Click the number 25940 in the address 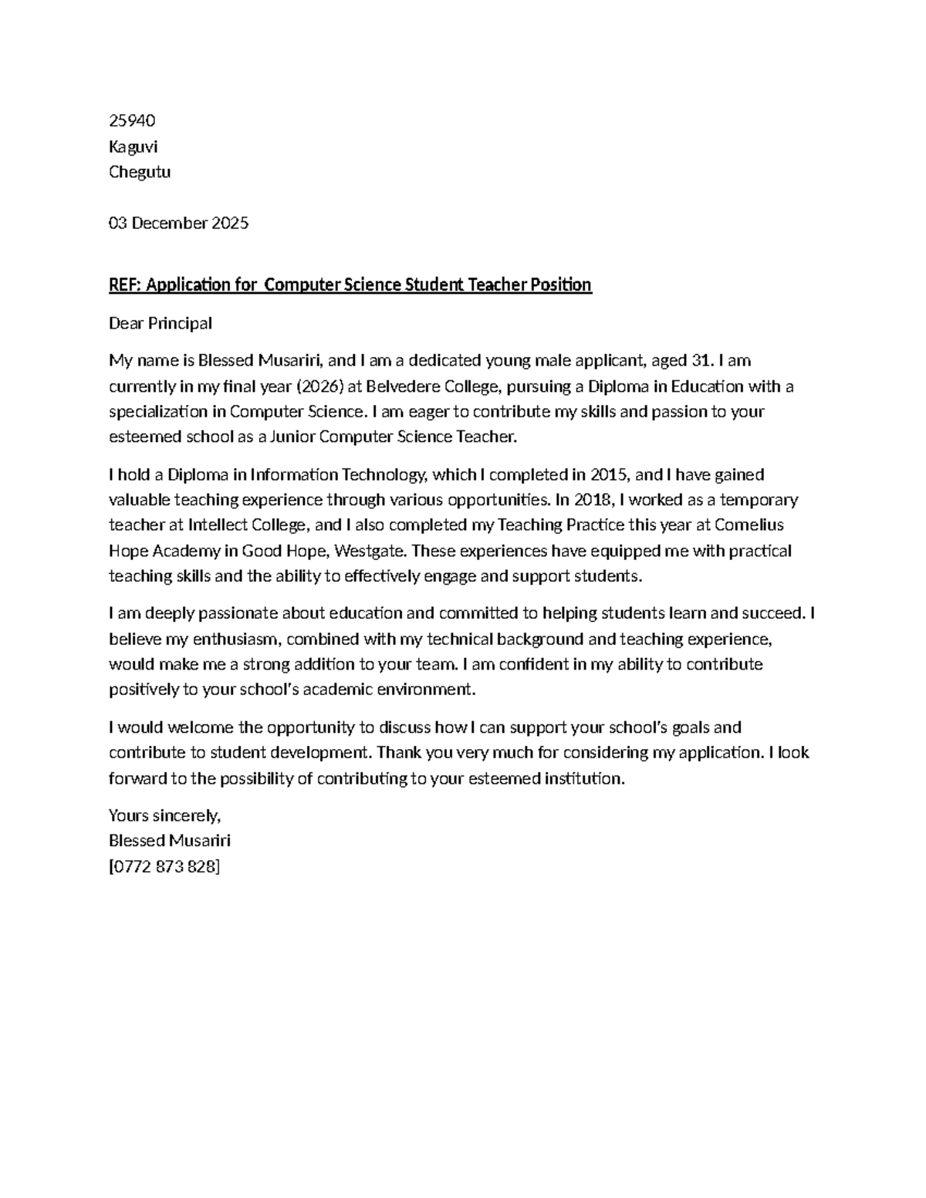tap(132, 120)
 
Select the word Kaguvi tap(133, 147)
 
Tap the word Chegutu tap(140, 172)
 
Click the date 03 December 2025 tap(178, 224)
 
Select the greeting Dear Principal tap(160, 323)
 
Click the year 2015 tap(609, 474)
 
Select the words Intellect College tap(248, 525)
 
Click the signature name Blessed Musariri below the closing tap(170, 841)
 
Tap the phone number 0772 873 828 tap(164, 866)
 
